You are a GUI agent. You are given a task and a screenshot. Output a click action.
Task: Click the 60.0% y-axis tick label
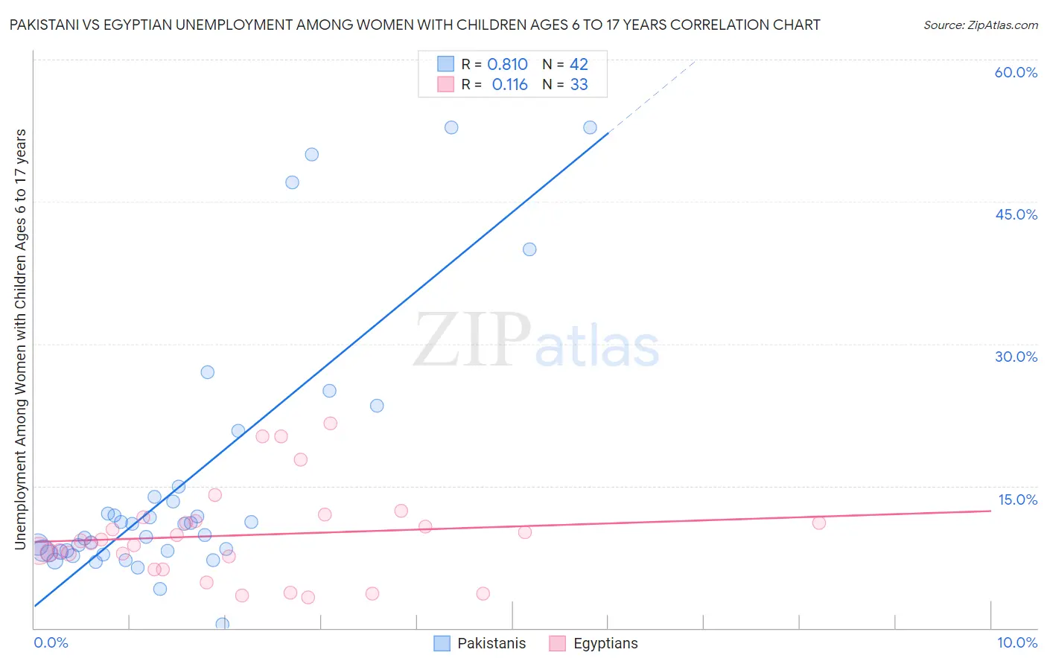[1016, 72]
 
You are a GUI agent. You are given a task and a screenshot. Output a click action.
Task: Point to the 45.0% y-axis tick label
[1016, 214]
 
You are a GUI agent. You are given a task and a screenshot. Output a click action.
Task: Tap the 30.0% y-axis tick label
[1016, 357]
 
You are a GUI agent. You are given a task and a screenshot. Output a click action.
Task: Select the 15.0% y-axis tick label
[1017, 499]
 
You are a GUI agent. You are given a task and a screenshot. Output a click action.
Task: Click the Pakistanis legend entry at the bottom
[480, 644]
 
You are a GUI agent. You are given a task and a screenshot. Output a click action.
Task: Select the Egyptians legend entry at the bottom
[593, 644]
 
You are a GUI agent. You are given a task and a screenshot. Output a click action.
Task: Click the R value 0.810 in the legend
[507, 65]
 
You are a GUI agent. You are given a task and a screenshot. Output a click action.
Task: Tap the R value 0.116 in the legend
[509, 85]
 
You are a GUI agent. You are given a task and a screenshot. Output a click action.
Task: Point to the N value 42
[579, 65]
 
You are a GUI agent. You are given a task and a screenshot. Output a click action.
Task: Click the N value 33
[579, 85]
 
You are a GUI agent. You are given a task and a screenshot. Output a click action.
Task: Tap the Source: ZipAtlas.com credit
[980, 25]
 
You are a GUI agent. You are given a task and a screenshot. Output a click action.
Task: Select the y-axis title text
[21, 339]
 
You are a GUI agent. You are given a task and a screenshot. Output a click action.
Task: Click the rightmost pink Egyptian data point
[818, 523]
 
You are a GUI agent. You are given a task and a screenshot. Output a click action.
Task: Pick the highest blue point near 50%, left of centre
[311, 155]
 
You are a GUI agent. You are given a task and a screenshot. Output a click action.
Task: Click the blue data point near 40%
[529, 249]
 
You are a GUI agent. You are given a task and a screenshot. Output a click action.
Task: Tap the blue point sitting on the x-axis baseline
[222, 624]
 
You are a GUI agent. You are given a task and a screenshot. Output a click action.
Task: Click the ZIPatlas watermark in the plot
[536, 341]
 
